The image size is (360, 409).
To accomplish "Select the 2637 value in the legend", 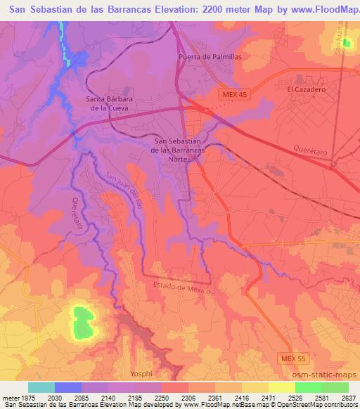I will click(349, 397).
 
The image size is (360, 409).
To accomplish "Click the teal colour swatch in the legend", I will click(41, 387).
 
